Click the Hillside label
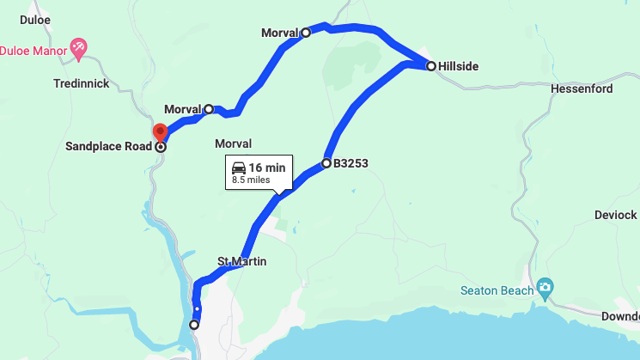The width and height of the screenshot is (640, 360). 458,66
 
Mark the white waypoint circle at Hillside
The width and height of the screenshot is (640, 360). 431,65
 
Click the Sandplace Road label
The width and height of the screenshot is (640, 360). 108,147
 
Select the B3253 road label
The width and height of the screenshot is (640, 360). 350,162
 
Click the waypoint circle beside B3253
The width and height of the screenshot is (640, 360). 326,162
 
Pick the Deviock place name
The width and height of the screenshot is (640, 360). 615,215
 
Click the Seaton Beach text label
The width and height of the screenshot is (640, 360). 496,290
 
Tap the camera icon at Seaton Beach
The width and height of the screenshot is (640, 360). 543,288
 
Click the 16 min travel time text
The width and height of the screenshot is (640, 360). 267,168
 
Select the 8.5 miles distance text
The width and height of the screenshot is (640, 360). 251,180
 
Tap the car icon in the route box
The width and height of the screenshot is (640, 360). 239,168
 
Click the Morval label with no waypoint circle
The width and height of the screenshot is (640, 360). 234,143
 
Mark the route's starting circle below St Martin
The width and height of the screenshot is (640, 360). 194,325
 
